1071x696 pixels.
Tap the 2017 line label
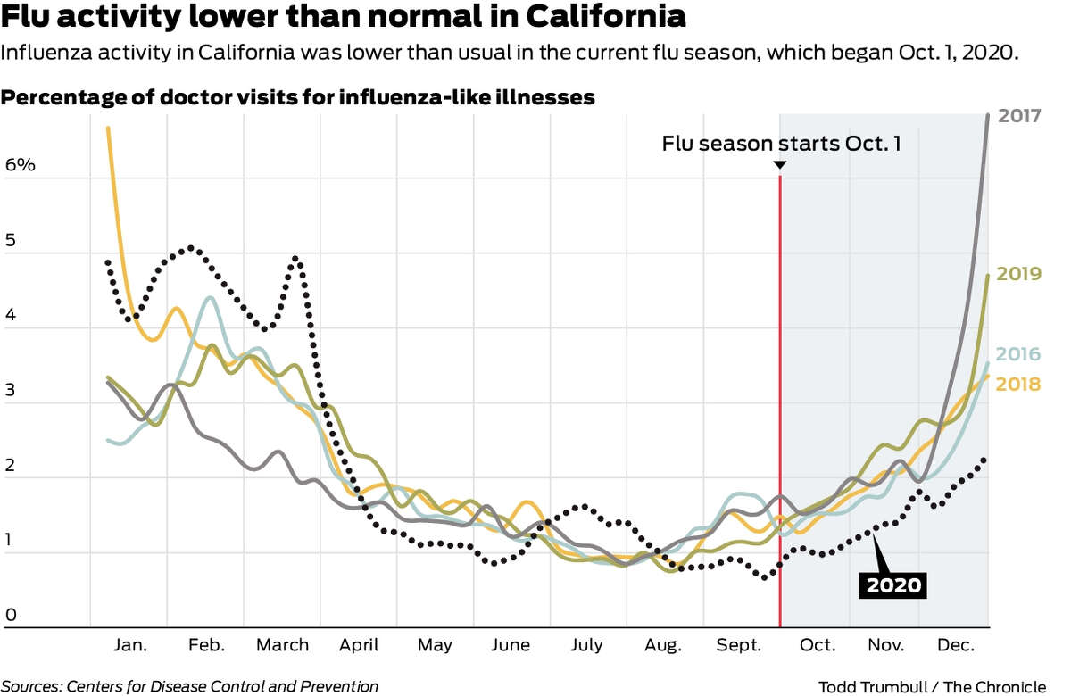click(x=1019, y=116)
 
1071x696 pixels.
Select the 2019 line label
click(x=1019, y=273)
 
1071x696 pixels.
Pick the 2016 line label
click(x=1019, y=354)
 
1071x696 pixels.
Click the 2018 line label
click(x=1019, y=384)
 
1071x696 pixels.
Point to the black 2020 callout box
click(x=892, y=585)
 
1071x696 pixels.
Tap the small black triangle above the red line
click(x=779, y=165)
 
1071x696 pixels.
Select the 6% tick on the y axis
click(x=20, y=166)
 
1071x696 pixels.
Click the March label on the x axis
click(x=282, y=645)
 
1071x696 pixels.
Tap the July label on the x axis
click(x=587, y=645)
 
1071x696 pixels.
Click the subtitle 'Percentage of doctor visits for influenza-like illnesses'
click(x=298, y=97)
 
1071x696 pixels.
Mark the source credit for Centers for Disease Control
click(x=189, y=685)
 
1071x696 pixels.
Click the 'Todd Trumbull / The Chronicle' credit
click(x=932, y=685)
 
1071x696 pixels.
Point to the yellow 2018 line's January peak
click(x=108, y=128)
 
